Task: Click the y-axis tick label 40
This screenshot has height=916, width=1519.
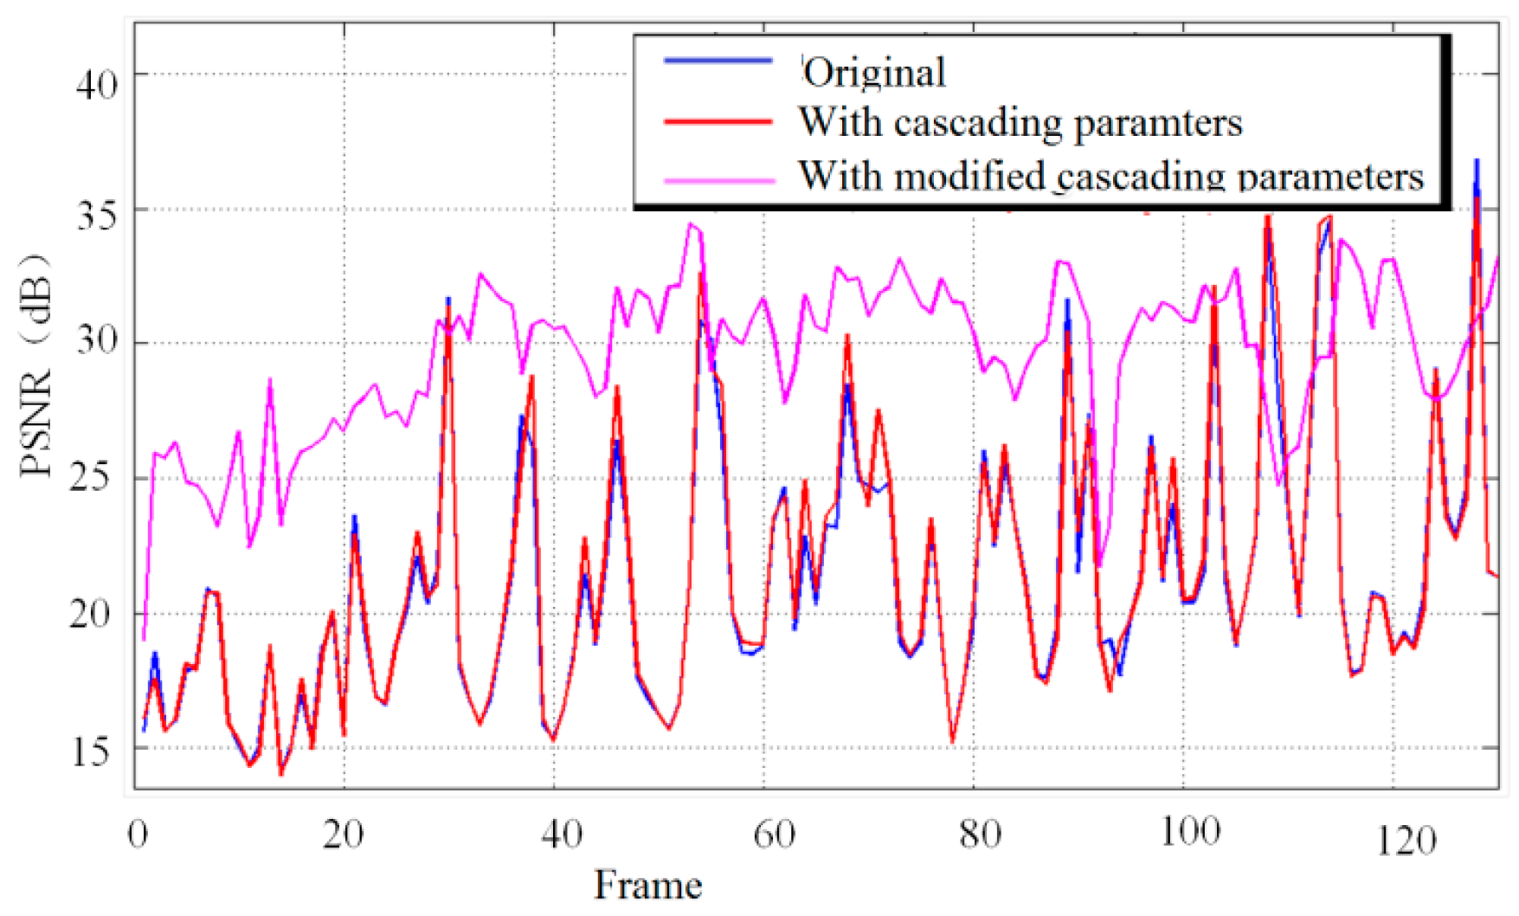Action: click(x=96, y=85)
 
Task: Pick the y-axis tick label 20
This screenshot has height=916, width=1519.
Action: click(x=91, y=614)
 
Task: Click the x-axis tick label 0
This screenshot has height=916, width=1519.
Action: click(x=138, y=835)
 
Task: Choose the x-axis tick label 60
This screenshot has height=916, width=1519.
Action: click(x=774, y=835)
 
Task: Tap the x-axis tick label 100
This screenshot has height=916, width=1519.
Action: click(x=1190, y=833)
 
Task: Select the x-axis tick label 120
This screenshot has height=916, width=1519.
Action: click(x=1406, y=840)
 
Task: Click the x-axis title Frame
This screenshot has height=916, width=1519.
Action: click(x=647, y=886)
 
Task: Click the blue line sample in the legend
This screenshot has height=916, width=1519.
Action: click(x=718, y=61)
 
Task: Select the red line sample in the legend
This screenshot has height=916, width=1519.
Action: click(x=718, y=122)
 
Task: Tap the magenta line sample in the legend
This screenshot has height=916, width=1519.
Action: click(x=719, y=181)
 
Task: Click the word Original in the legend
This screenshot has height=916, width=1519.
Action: click(x=874, y=72)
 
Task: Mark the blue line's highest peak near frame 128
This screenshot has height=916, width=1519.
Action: click(x=1477, y=160)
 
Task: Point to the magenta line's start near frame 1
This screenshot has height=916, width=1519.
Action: click(x=144, y=640)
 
